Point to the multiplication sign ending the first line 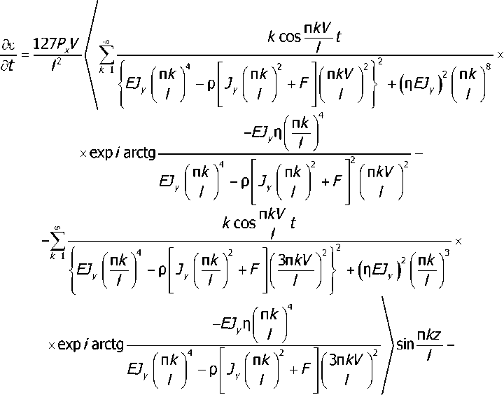tap(499, 53)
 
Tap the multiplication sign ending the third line tap(458, 242)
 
